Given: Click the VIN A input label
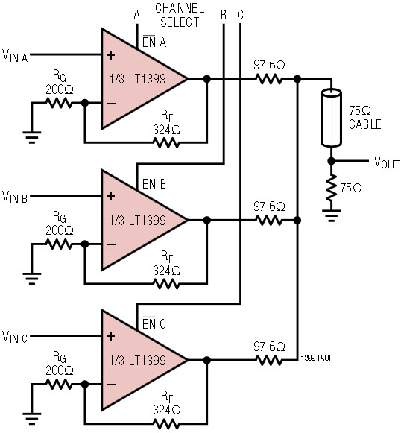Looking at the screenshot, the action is (x=15, y=55).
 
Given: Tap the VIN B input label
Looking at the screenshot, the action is (x=15, y=197).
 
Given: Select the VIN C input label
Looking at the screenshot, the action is (x=15, y=337).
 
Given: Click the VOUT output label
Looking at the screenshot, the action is (x=387, y=162).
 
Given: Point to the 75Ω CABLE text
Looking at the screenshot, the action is (x=364, y=118).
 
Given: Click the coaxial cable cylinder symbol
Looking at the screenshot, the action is (x=331, y=118).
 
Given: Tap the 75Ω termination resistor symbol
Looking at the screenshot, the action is (x=331, y=188).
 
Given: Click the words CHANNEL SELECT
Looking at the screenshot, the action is (x=180, y=15).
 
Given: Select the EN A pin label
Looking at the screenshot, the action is (x=154, y=42).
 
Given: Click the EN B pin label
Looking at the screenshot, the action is (x=154, y=183).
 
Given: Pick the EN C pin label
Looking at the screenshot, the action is (x=154, y=323).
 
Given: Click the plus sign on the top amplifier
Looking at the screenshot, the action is (x=111, y=55).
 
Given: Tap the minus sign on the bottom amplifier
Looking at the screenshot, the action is (x=111, y=384).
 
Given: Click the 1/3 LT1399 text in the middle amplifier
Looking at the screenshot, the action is (x=138, y=221).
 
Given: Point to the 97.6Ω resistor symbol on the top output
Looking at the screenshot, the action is (x=269, y=79).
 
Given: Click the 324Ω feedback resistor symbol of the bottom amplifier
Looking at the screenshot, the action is (x=166, y=423).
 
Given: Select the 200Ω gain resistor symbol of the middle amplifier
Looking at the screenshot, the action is (x=59, y=244).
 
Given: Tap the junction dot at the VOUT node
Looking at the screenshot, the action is (x=331, y=161).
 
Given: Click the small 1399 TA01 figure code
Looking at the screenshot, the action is (x=316, y=358).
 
